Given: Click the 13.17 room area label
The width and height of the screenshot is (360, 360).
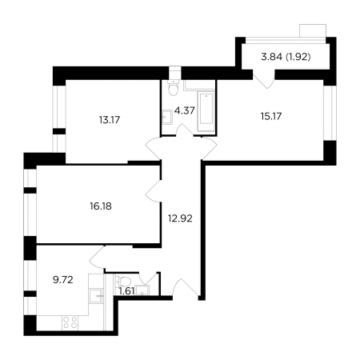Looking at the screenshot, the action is click(110, 120).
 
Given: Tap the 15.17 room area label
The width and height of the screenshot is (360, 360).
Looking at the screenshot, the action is click(271, 116).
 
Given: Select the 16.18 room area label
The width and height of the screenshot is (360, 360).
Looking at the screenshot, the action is click(101, 206).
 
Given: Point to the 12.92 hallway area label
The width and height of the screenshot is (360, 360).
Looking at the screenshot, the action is click(180, 218).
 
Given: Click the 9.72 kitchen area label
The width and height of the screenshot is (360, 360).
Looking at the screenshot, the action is click(63, 280).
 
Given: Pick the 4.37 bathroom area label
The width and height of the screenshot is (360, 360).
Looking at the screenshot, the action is click(184, 110).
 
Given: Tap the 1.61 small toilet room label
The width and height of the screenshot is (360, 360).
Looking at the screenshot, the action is click(126, 291).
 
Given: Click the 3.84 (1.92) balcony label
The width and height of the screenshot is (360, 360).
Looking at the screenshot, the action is click(286, 57).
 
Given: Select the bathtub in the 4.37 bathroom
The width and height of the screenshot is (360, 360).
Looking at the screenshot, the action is click(206, 111).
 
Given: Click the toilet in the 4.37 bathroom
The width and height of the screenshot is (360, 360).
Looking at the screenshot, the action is click(174, 87).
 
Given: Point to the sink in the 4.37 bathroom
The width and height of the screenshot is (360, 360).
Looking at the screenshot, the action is click(167, 117).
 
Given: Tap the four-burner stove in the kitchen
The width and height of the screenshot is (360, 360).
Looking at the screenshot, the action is click(70, 322).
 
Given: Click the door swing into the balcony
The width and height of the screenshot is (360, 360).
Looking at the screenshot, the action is click(264, 79).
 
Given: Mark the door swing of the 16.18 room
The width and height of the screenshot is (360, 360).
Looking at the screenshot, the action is click(153, 191).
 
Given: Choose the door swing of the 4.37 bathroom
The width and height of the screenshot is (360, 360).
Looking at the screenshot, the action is click(185, 130).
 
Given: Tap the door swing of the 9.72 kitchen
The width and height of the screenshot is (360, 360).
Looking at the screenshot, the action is click(97, 257).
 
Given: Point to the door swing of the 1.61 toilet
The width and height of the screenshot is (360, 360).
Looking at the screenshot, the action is click(149, 278).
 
